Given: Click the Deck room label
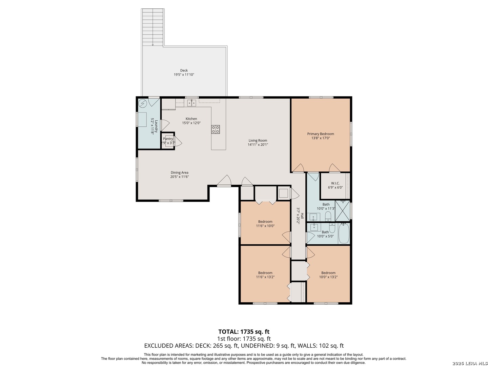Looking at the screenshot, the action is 184,70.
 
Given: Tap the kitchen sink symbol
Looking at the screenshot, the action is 191,103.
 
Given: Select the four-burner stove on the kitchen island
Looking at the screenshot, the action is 216,129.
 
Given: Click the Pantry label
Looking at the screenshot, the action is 168,139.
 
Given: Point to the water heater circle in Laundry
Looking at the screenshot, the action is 143,103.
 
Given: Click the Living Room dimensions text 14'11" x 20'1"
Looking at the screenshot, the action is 258,145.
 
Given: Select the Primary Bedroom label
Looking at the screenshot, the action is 321,134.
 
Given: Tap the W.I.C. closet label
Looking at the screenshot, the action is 335,183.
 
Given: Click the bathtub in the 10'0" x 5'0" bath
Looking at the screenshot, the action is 344,233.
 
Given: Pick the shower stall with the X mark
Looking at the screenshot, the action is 342,211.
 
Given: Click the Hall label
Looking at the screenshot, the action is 302,216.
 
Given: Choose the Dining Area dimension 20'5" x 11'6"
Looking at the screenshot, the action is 179,177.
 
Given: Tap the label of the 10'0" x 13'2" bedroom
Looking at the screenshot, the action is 328,273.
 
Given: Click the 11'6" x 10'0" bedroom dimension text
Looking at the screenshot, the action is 265,226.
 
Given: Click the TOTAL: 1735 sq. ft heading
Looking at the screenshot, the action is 244,331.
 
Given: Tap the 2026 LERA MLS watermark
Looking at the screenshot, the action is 470,363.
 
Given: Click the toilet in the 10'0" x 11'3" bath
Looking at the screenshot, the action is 328,216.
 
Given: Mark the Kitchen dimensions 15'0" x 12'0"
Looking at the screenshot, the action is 191,123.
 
